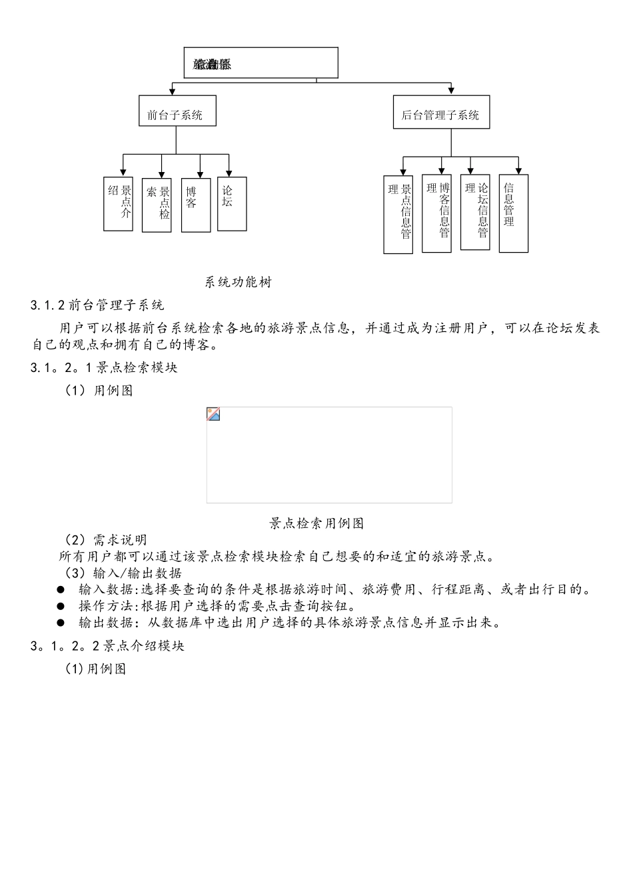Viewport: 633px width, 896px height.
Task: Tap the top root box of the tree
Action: (x=261, y=63)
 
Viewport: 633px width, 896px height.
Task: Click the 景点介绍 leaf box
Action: (x=118, y=203)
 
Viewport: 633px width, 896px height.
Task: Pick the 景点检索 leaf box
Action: (x=157, y=205)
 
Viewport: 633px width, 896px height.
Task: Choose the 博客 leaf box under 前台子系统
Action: (x=196, y=205)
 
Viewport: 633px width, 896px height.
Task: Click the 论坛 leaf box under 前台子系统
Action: (x=232, y=203)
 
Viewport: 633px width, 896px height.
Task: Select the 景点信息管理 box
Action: (x=398, y=214)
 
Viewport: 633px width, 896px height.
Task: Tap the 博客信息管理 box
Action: (x=436, y=213)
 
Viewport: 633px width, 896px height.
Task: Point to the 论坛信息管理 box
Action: (x=475, y=211)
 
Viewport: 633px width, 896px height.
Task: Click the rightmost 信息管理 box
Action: (x=514, y=213)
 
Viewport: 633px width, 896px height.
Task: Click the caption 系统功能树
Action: (x=239, y=282)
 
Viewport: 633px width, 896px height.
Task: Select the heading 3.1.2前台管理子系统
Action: (x=97, y=305)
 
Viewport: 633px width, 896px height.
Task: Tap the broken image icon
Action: (x=214, y=414)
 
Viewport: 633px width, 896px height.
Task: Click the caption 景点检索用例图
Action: (x=316, y=523)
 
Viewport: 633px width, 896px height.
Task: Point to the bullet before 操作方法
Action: (x=61, y=606)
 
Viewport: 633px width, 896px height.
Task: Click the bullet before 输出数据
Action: (x=61, y=623)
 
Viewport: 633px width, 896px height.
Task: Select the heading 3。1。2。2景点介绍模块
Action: (x=107, y=646)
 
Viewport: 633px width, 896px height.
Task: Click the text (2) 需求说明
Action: (x=105, y=539)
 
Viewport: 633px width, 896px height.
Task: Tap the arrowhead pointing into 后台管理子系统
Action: (x=451, y=91)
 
